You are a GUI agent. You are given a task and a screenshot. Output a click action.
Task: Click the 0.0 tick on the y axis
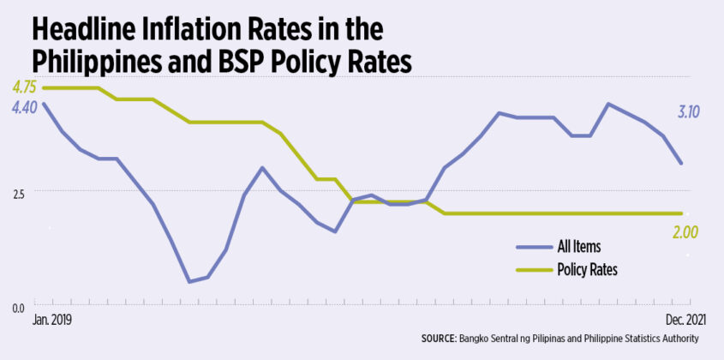[16, 306]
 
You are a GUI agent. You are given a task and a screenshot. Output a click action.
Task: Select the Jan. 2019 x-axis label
[51, 320]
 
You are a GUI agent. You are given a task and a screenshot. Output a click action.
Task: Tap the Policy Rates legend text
[588, 269]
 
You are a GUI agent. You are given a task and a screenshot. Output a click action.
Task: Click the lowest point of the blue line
[188, 281]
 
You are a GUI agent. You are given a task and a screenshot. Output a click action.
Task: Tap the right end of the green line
[681, 213]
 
